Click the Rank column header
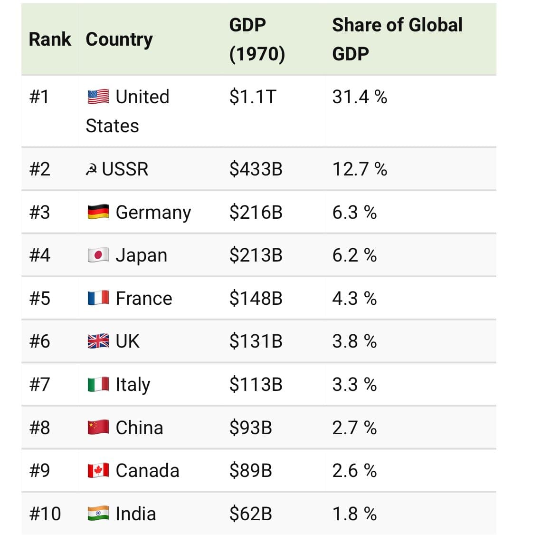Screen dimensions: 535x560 tap(50, 39)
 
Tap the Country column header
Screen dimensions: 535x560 tap(119, 39)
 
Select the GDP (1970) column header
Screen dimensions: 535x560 tap(257, 39)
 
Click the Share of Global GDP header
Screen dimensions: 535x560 tap(397, 39)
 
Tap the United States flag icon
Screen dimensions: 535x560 tap(98, 97)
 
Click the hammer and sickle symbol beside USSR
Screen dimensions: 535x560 tap(92, 169)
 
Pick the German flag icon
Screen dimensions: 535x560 tap(98, 212)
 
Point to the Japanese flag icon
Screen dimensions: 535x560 tap(98, 255)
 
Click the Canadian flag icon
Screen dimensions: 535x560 tap(98, 470)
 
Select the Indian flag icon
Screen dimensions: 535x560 tap(98, 514)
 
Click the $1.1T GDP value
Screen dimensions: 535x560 tap(252, 97)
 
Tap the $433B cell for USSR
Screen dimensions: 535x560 tap(256, 169)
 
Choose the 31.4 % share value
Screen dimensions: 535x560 tap(360, 97)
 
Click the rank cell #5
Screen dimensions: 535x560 tap(39, 298)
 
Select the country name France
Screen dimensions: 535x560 tap(144, 298)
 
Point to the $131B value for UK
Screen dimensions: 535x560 tap(256, 341)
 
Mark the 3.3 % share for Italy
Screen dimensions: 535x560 tap(354, 384)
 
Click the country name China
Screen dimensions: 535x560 tap(139, 428)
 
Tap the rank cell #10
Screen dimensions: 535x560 tap(45, 514)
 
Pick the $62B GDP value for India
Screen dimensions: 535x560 tap(250, 514)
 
